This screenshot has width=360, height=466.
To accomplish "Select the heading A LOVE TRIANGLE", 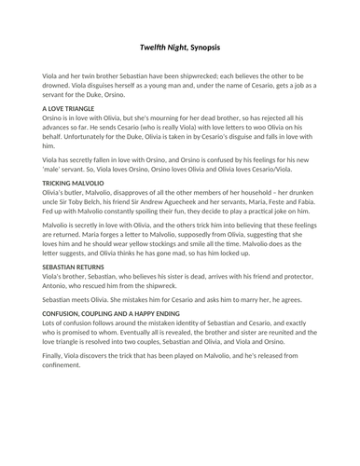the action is (71, 109).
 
